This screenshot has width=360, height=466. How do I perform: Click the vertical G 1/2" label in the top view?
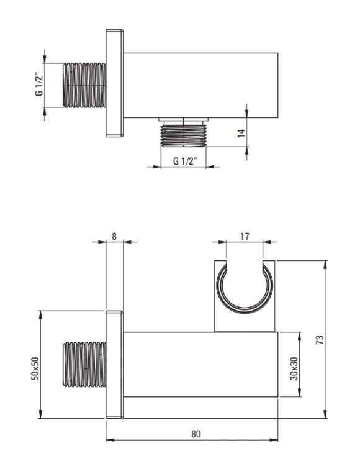point(39,85)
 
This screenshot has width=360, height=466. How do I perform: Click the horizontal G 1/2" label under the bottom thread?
point(185,161)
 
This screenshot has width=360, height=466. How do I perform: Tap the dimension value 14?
point(241,132)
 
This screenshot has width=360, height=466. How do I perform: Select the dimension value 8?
point(114,236)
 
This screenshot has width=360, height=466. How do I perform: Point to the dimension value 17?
point(245,237)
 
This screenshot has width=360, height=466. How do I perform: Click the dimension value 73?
point(320,339)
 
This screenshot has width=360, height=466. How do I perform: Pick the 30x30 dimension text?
point(294,368)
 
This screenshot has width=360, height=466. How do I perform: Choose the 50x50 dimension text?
point(35,368)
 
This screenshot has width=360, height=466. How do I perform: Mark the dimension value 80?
point(196,434)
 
